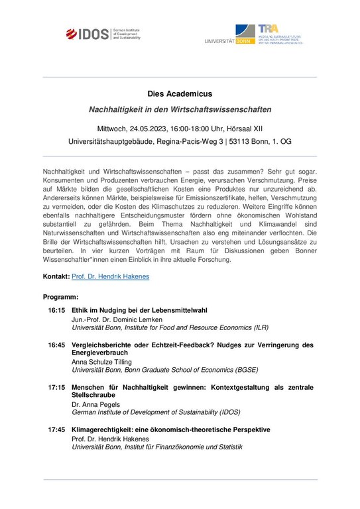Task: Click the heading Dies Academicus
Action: (180, 93)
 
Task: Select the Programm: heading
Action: (60, 296)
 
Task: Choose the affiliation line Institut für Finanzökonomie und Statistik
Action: (179, 447)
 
